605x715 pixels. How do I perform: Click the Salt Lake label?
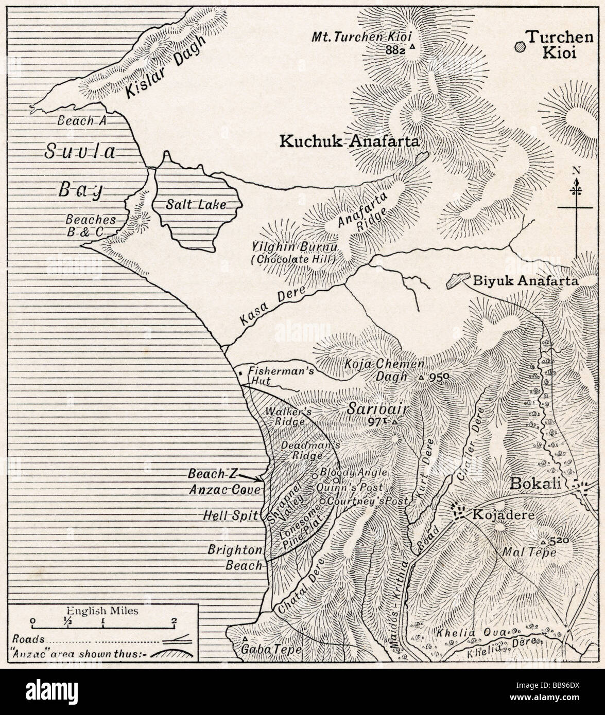(196, 204)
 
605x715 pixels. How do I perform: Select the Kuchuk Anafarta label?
(349, 141)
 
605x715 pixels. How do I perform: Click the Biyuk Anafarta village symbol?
(455, 281)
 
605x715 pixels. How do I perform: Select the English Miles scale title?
(103, 611)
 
